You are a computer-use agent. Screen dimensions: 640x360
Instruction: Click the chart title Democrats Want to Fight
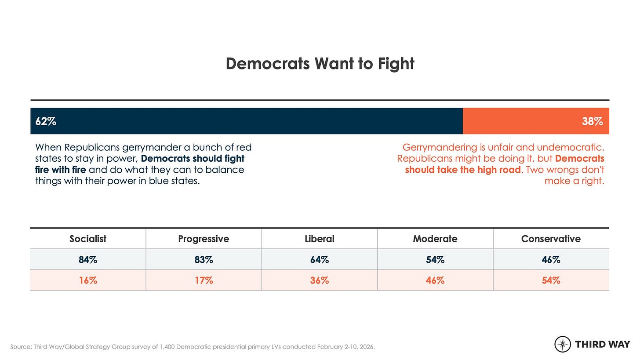(320, 63)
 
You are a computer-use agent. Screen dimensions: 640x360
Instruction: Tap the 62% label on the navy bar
(46, 121)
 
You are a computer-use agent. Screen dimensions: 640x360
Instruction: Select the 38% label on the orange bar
(593, 121)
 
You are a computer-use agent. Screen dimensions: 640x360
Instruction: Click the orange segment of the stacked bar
(536, 121)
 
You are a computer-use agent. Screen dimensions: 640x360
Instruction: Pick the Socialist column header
(88, 239)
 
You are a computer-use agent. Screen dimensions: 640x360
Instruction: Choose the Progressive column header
(204, 239)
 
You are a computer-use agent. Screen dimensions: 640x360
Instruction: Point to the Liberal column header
(320, 239)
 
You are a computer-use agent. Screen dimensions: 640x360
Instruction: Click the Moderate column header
(435, 239)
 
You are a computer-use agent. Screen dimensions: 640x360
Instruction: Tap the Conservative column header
(551, 239)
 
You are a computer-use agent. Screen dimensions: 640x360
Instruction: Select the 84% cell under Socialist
(88, 259)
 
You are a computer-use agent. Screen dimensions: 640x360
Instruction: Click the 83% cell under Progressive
(204, 259)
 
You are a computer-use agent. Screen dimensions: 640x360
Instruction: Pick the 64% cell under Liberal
(320, 259)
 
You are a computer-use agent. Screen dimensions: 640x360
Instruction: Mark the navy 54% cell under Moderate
(435, 259)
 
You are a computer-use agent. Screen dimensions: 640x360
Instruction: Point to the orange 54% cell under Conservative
(551, 280)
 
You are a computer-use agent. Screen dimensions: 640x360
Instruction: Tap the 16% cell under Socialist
(88, 280)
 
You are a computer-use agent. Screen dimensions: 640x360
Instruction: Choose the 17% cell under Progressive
(204, 280)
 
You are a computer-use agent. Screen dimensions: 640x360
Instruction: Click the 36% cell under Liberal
(320, 280)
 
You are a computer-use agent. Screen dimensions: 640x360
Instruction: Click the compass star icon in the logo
(563, 344)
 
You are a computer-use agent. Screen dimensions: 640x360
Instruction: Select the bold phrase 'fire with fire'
(61, 170)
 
